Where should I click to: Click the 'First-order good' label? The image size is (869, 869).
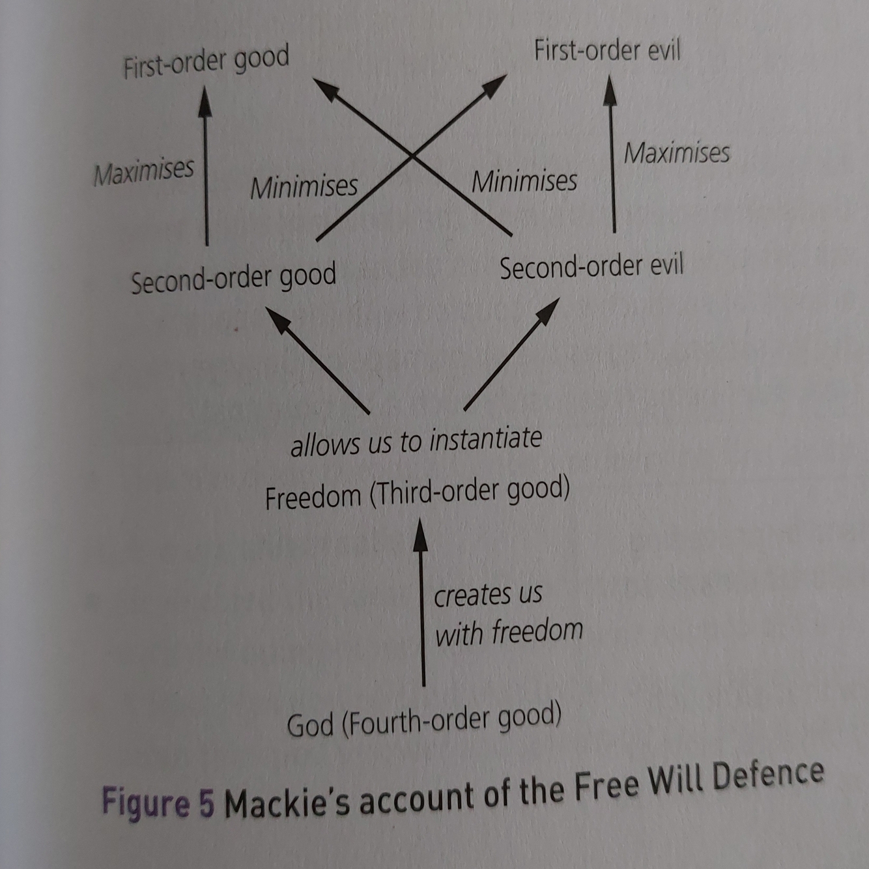(206, 63)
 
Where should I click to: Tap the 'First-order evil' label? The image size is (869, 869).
(606, 51)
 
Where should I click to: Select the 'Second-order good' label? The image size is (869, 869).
(233, 278)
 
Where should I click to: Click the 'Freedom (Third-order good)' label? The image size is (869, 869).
(417, 494)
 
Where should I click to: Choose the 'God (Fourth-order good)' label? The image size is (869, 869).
(424, 720)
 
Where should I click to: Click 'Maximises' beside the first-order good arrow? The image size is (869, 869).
(143, 172)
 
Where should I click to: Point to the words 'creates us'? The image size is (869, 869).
(488, 595)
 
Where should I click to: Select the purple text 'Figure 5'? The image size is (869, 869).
(158, 802)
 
